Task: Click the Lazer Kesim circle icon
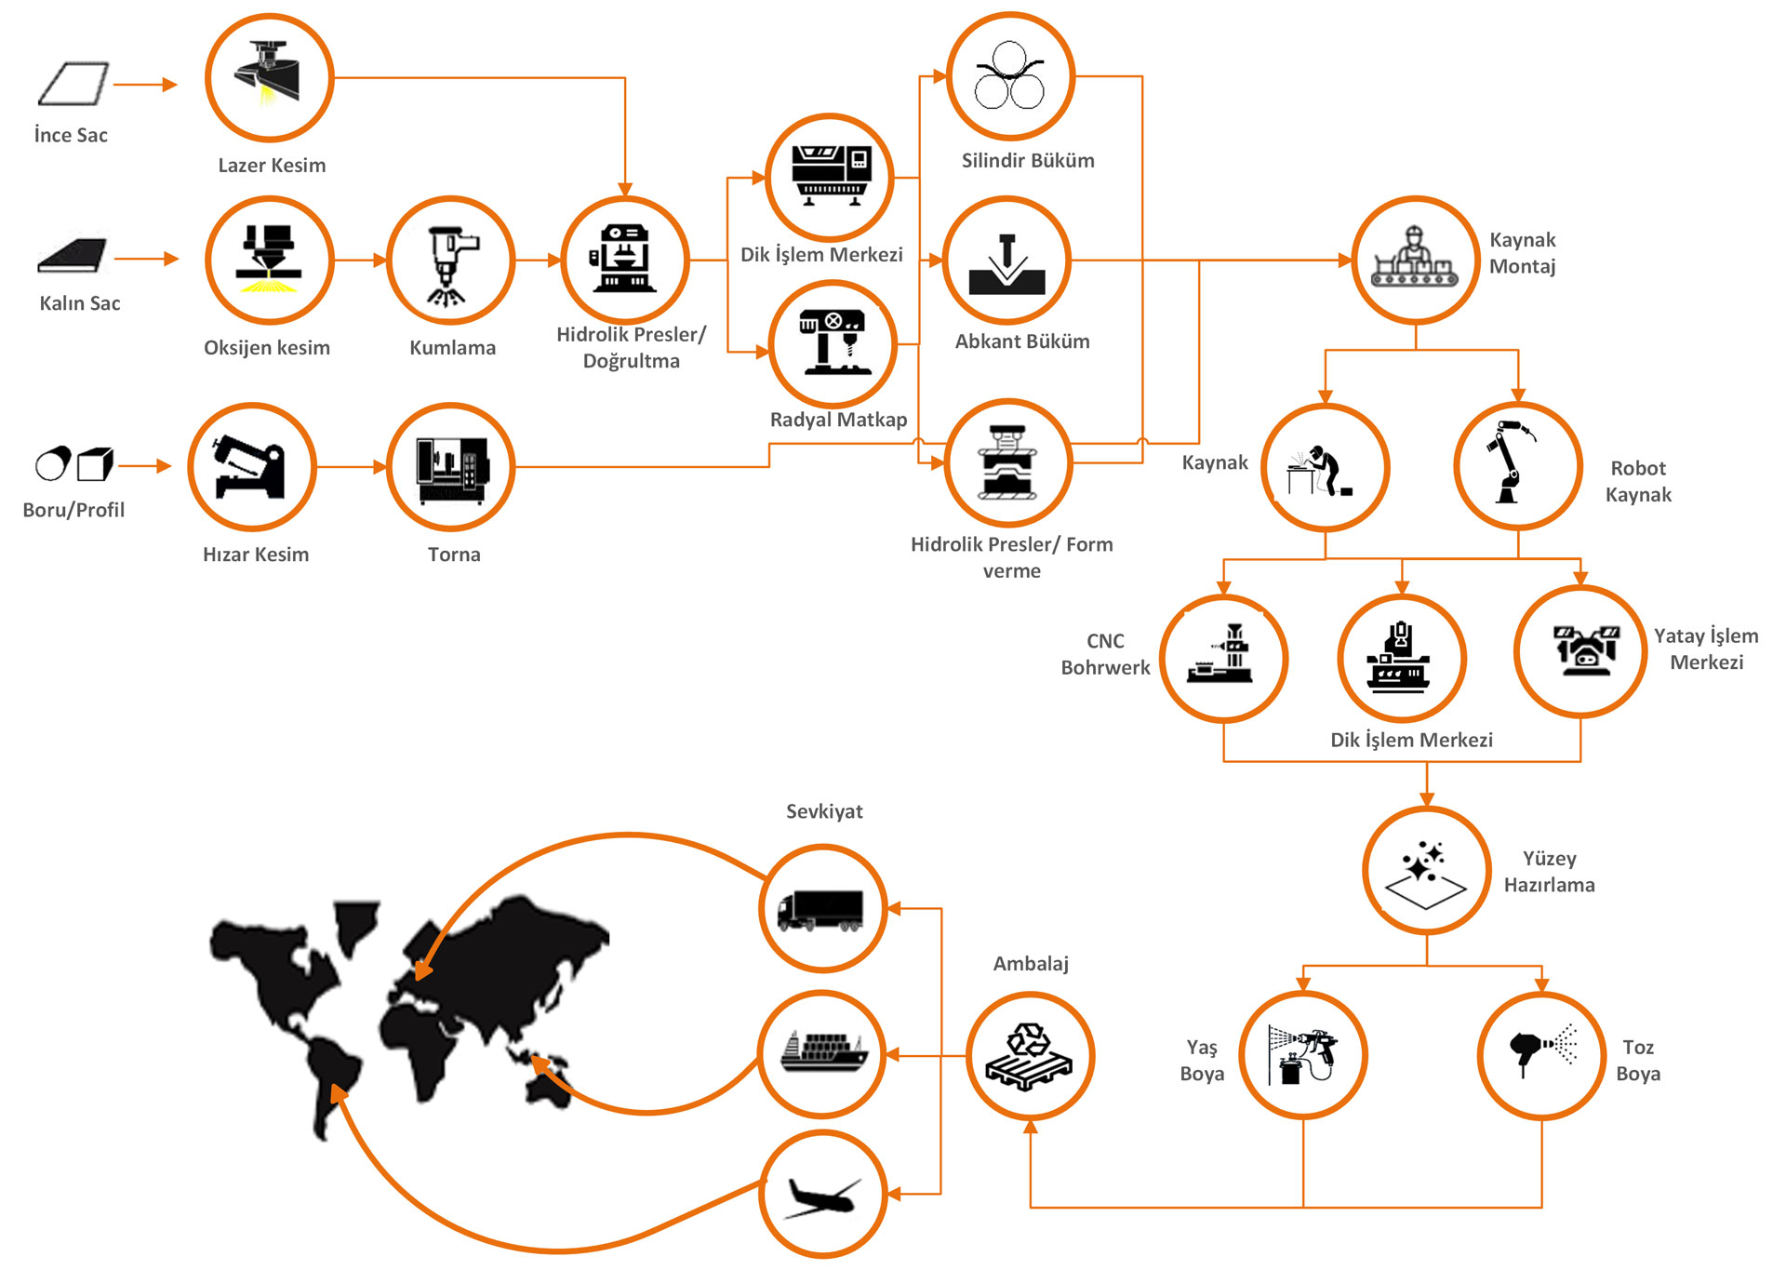tap(269, 78)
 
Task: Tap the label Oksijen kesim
tap(267, 348)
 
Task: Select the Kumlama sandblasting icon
tap(451, 261)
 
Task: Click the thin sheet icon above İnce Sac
tap(73, 84)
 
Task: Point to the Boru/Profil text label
tap(73, 510)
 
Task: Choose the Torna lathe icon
tap(451, 467)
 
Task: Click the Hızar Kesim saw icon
tap(252, 467)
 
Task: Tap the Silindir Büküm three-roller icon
tap(1010, 76)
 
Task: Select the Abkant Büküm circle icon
tap(1007, 261)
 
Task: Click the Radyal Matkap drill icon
tap(833, 345)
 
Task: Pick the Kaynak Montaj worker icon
tap(1415, 260)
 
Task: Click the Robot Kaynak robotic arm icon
tap(1517, 466)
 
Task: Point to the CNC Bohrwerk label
tap(1105, 654)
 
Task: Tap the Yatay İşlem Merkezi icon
tap(1580, 651)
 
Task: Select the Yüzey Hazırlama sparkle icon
tap(1426, 871)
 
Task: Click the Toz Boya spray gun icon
tap(1541, 1055)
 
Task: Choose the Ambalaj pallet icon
tap(1030, 1056)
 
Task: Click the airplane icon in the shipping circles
tap(822, 1194)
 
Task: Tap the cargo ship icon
tap(822, 1054)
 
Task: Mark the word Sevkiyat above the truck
tap(824, 811)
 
